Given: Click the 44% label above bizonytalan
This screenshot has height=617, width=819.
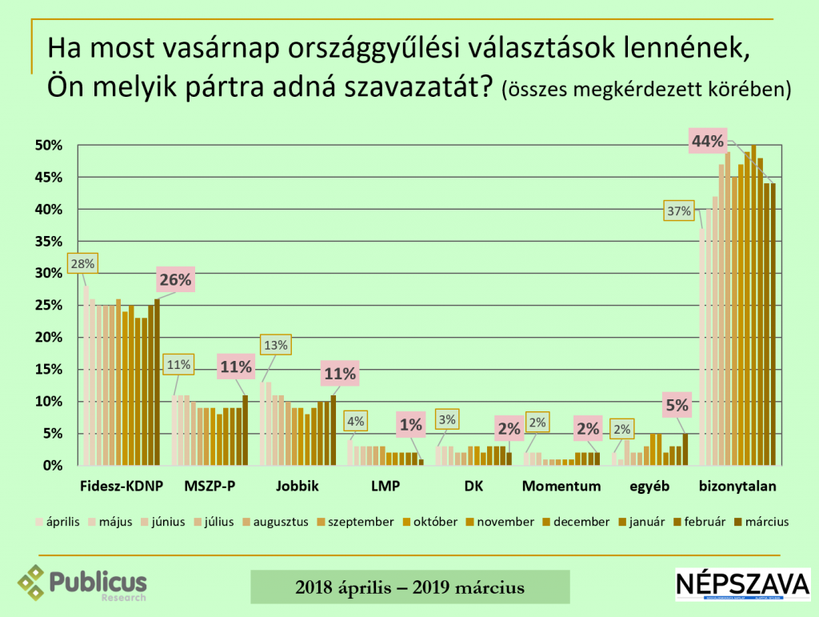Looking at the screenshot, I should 709,142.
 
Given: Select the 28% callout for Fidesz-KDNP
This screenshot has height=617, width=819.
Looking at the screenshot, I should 82,263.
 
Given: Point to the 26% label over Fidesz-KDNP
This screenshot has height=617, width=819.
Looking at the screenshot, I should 175,280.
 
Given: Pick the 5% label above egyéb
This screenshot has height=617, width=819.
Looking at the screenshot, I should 677,405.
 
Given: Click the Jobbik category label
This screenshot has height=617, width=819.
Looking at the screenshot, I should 298,486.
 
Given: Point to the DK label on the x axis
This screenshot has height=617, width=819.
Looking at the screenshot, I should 473,486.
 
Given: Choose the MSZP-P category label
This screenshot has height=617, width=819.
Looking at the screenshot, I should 210,486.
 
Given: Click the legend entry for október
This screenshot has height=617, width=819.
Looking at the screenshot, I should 430,522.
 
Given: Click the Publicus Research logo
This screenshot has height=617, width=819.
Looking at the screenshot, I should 82,583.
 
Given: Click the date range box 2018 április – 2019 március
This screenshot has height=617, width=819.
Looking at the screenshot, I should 409,587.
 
